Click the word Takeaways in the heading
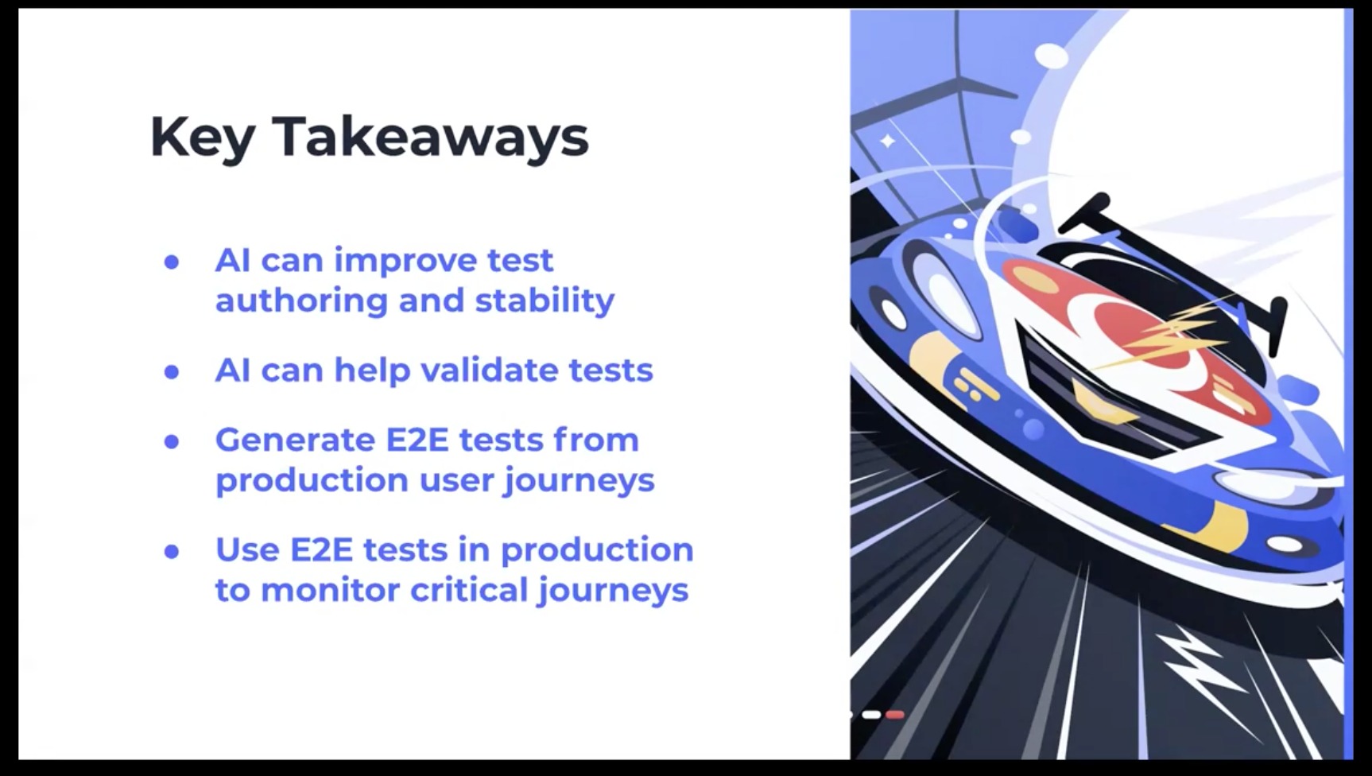(430, 136)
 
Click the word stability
(545, 301)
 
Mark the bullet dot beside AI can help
(172, 371)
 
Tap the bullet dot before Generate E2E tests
(172, 441)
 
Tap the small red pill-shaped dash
(895, 715)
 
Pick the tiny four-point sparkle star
(887, 142)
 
